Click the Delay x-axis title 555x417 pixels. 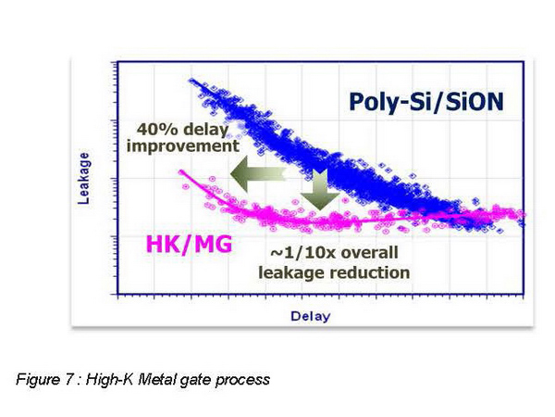pos(310,316)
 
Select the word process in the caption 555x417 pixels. pos(247,378)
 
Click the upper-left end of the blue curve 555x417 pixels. pos(194,82)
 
